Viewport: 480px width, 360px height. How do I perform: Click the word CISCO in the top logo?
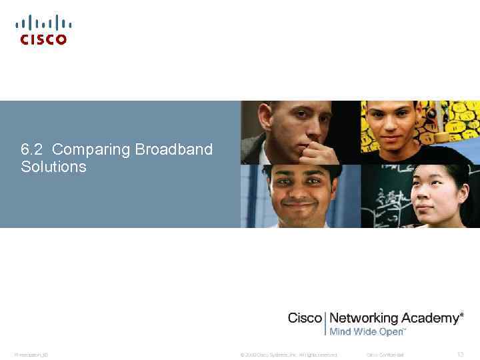pos(43,40)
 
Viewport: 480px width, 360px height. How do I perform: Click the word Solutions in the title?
pos(53,167)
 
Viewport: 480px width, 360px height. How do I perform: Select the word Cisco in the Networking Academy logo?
pos(305,318)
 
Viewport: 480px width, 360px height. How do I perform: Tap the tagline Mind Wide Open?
pos(367,331)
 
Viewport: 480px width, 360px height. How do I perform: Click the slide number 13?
pos(460,355)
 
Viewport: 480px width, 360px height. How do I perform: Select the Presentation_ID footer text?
pos(31,355)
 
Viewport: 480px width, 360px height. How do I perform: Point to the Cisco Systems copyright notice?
pos(288,355)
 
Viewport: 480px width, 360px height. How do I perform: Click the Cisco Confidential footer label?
pos(385,355)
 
